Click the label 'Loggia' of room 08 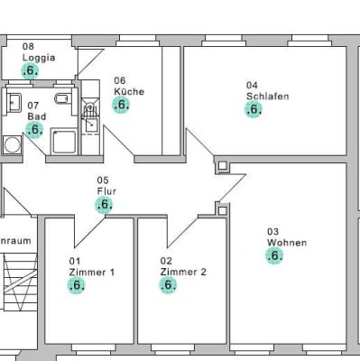point(39,57)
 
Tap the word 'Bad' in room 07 point(34,116)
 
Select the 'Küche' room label point(129,91)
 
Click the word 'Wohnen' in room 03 point(287,243)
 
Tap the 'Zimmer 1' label point(92,272)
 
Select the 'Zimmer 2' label point(184,272)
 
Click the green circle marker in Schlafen point(254,109)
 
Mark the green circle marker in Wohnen point(275,255)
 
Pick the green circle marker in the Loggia point(30,70)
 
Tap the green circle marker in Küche point(121,104)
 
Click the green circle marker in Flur point(105,205)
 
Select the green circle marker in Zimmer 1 point(77,285)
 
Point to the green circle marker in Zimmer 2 point(168,285)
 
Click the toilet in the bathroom point(60,99)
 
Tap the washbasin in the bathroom point(14,101)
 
